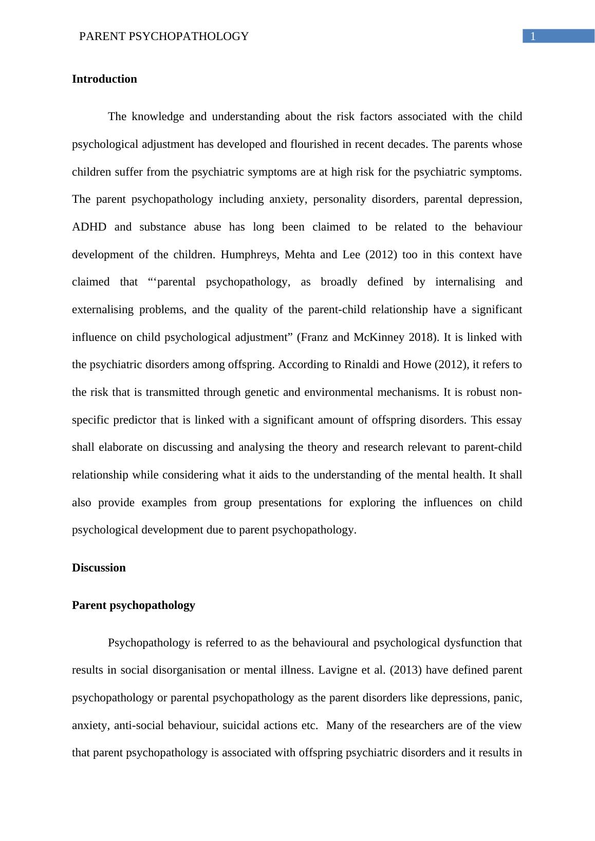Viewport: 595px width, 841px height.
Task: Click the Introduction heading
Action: click(x=104, y=79)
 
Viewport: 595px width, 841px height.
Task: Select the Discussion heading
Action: click(x=99, y=568)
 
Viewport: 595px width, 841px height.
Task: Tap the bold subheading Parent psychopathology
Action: click(x=134, y=605)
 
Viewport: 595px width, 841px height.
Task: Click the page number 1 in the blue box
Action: click(x=533, y=36)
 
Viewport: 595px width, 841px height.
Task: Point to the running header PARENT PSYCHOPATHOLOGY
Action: click(x=164, y=36)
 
